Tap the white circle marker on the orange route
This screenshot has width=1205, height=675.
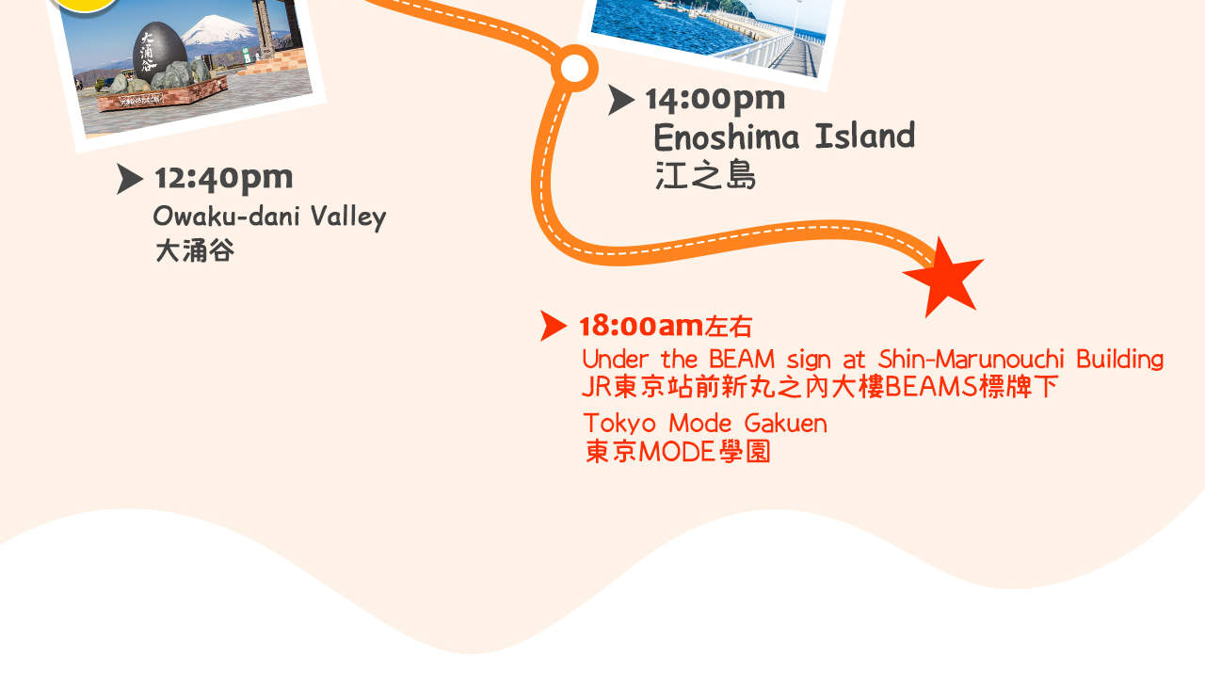(573, 68)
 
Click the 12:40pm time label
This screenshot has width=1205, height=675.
(223, 178)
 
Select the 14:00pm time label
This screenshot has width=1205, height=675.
(715, 98)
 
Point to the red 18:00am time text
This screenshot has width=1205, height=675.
(641, 326)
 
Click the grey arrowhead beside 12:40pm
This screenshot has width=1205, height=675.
(129, 179)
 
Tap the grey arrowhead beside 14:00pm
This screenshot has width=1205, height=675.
(619, 99)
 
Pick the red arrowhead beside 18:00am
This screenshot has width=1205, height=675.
(553, 325)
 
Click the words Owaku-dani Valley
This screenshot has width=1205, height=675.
(269, 217)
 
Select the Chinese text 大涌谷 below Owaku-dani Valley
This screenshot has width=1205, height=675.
(194, 250)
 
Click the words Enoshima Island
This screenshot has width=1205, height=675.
(783, 137)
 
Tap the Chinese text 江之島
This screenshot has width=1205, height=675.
(705, 175)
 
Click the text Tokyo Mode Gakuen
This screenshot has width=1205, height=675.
(704, 423)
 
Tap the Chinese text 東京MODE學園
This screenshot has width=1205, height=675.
(678, 452)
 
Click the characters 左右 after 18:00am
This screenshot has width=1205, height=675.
(729, 327)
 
